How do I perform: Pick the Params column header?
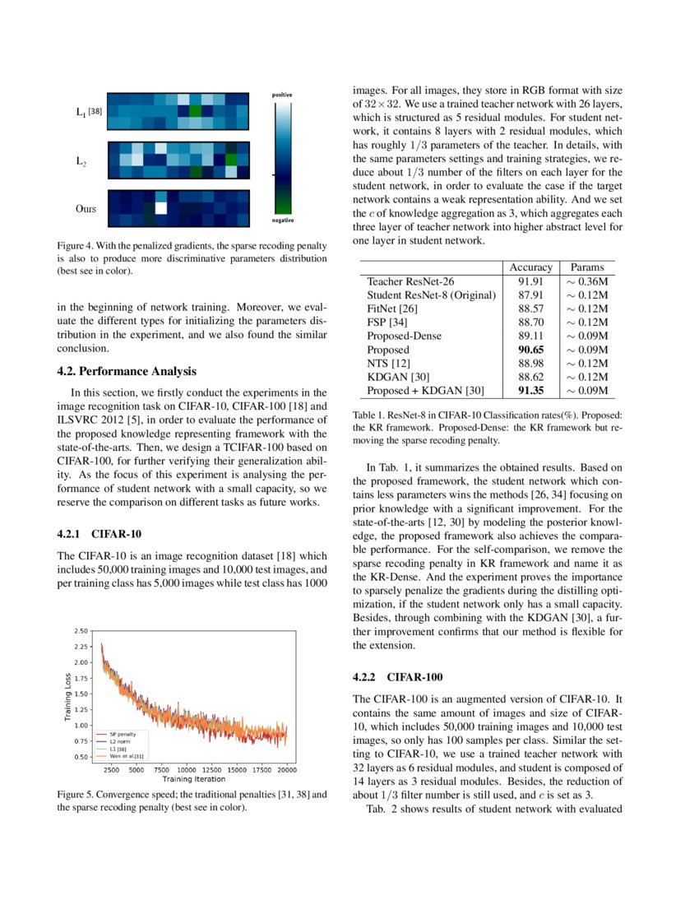tap(587, 267)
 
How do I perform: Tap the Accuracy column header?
tap(530, 267)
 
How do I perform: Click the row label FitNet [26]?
tap(394, 308)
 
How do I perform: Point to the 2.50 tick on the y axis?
tap(81, 630)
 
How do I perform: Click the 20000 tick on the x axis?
tap(287, 769)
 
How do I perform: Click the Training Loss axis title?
tap(67, 698)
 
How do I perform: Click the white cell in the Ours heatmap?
tap(161, 208)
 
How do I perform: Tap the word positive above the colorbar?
tap(282, 95)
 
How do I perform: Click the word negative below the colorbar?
tap(282, 221)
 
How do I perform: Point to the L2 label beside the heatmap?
tap(80, 162)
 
